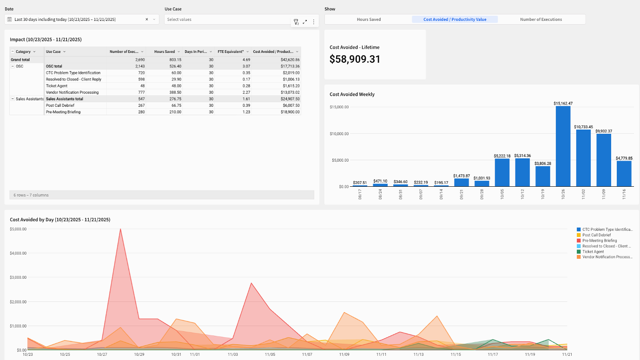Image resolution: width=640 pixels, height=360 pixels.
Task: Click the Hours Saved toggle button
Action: [x=369, y=20]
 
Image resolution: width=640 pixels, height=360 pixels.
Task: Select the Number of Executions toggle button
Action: [x=541, y=20]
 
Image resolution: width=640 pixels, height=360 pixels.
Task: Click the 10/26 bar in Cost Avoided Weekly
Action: [x=563, y=146]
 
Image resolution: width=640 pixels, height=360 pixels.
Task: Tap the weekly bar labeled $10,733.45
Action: [x=583, y=158]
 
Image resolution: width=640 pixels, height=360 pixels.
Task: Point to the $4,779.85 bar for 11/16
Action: [x=624, y=174]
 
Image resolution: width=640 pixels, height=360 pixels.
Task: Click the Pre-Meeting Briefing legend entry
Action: [x=600, y=241]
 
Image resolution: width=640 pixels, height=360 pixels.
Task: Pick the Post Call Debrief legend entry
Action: [x=596, y=235]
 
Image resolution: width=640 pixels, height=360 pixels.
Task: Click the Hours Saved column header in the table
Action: [x=164, y=52]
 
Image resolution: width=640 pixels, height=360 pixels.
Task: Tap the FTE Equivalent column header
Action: [x=231, y=52]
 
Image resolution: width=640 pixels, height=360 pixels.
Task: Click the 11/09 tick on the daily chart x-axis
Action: [x=344, y=355]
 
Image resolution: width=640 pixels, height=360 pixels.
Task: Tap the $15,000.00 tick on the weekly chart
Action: [x=339, y=107]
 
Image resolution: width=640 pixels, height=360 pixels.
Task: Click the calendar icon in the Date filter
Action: [x=10, y=20]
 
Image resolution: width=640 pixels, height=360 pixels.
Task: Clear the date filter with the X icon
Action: [x=147, y=20]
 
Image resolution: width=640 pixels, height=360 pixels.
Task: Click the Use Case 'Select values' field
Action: [x=228, y=20]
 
